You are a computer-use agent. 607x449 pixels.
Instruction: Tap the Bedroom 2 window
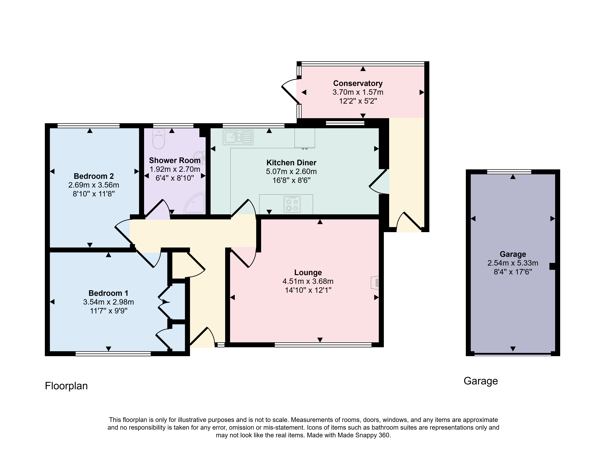click(89, 126)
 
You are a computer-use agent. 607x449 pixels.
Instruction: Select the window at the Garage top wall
click(509, 172)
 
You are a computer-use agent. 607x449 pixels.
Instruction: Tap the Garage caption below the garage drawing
click(481, 381)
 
